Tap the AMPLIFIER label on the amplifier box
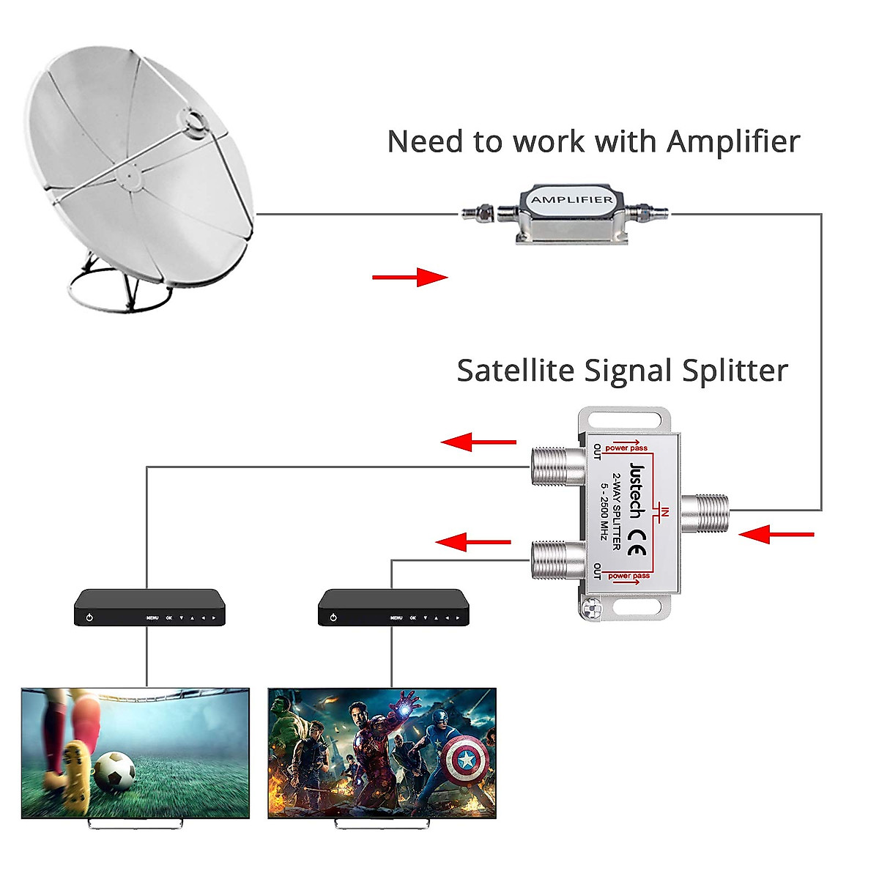click(572, 200)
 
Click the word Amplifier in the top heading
click(733, 141)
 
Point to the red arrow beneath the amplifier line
click(409, 277)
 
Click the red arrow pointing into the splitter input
click(776, 534)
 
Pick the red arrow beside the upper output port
click(479, 442)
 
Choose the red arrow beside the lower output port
click(473, 542)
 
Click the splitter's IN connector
click(705, 513)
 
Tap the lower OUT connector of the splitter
click(557, 560)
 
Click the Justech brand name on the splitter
click(637, 490)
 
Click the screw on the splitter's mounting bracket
click(591, 607)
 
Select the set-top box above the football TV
click(149, 607)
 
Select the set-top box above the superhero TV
click(393, 607)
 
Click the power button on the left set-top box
click(89, 617)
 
